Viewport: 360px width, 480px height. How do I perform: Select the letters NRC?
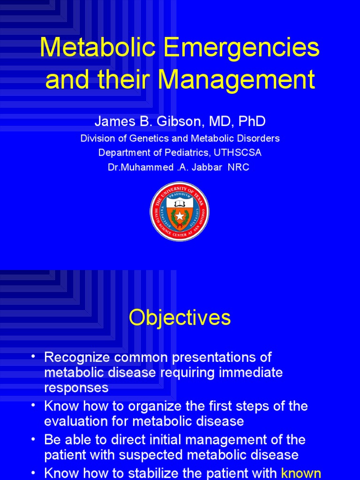pyautogui.click(x=239, y=167)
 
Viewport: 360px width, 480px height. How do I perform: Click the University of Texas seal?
pyautogui.click(x=180, y=211)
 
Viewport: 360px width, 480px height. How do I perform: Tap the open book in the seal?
pyautogui.click(x=180, y=203)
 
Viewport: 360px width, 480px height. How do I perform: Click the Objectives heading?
pyautogui.click(x=180, y=317)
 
